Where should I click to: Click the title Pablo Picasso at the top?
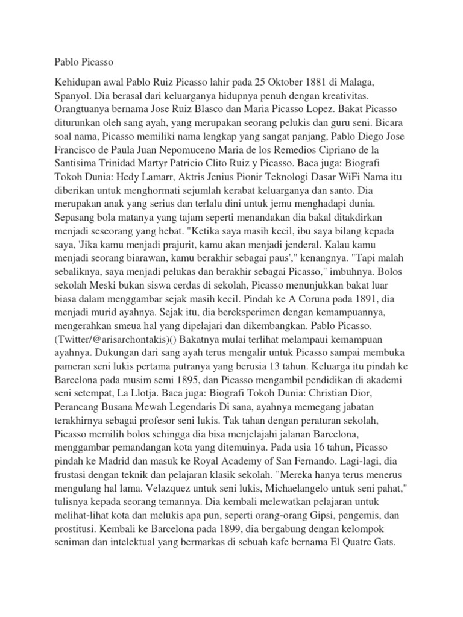click(x=84, y=61)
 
